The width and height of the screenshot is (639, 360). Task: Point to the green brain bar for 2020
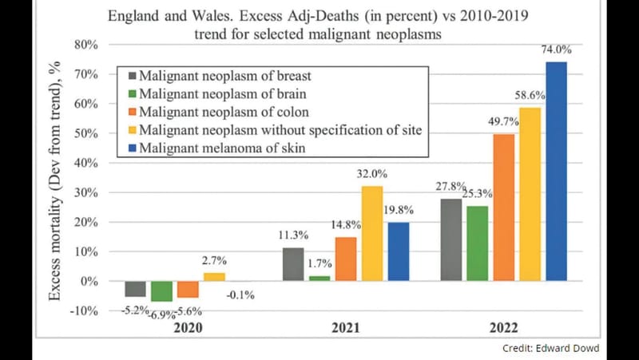(x=162, y=291)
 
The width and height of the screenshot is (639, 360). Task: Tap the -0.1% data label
(x=240, y=295)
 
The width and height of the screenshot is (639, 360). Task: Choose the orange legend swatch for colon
(x=133, y=113)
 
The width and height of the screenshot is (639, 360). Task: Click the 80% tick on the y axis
(x=86, y=45)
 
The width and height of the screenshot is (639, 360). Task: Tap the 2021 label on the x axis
(x=346, y=328)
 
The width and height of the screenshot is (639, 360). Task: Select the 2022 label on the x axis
(x=504, y=328)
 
